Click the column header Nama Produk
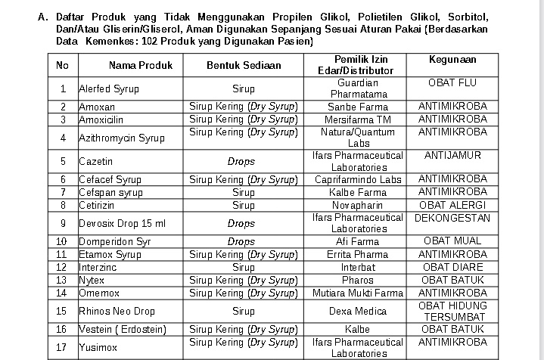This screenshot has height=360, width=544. pos(140,65)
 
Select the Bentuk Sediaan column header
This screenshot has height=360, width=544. pos(244,65)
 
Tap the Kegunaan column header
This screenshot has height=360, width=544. pos(452,59)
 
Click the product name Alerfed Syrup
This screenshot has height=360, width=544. pos(110,88)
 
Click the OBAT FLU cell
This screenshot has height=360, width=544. pos(452,82)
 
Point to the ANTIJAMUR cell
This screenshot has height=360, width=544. pos(452,156)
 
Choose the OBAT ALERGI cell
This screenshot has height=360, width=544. pos(452,205)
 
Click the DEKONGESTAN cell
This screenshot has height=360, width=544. pos(452,218)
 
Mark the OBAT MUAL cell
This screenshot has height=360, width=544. pos(452,241)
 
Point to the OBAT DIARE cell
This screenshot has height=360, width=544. pos(452,267)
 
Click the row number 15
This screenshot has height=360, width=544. pos(63,311)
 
